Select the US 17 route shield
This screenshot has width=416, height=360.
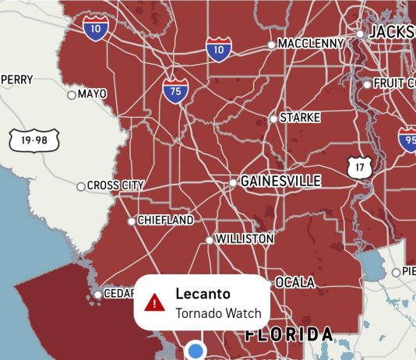(x=359, y=166)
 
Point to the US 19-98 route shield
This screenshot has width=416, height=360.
(x=29, y=140)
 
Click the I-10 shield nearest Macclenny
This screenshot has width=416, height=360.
(x=219, y=49)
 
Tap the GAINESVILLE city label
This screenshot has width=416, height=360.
(x=280, y=181)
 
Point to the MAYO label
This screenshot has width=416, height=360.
(x=92, y=94)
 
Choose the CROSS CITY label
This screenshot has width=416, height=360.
(x=115, y=185)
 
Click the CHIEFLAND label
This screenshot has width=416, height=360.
(x=165, y=221)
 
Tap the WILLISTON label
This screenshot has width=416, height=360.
(x=244, y=238)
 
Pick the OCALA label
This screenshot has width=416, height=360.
(x=294, y=282)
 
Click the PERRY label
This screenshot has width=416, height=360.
(x=17, y=79)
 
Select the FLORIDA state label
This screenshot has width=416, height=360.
(x=290, y=335)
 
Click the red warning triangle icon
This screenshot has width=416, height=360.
(x=155, y=302)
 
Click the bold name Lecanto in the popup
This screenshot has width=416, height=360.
(x=203, y=294)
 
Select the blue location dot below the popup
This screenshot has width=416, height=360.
(x=196, y=350)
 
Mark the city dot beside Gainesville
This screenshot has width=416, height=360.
(x=233, y=182)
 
